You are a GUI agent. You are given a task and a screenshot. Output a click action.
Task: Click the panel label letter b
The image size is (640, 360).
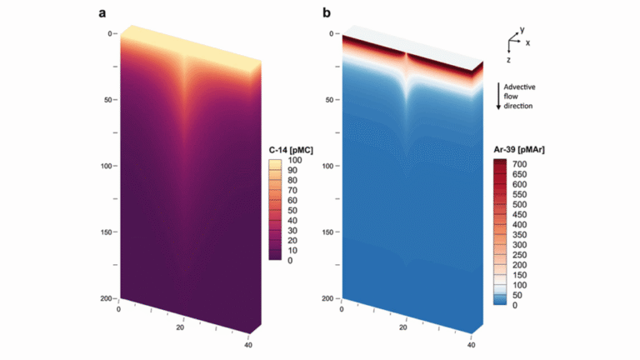(326, 12)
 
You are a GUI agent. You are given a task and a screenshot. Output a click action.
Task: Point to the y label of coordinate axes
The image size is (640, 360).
(521, 29)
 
